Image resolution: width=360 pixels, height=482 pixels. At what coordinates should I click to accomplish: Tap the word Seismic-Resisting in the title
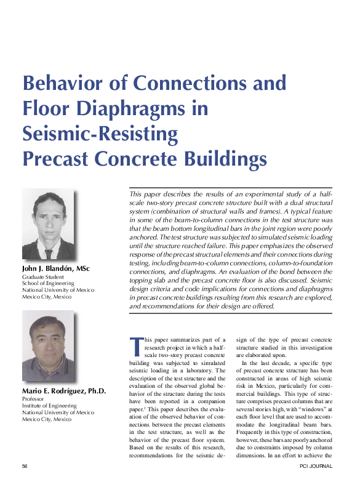[100, 134]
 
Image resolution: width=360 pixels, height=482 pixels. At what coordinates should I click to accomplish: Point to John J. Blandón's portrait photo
[48, 225]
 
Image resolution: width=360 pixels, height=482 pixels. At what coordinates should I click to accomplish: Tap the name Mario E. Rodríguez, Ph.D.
[64, 391]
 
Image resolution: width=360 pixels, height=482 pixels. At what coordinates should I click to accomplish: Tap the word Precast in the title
[56, 159]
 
